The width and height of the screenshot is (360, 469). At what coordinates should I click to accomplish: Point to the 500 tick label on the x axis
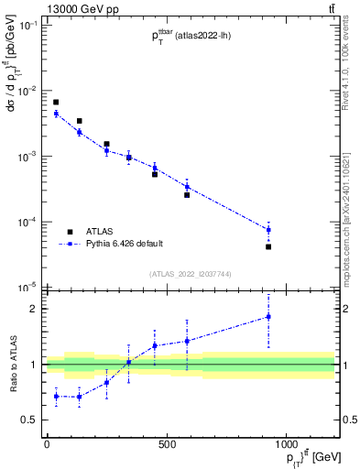167,445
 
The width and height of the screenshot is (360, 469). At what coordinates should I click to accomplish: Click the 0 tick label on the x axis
47,445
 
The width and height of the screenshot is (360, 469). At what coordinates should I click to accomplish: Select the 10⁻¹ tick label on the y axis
27,26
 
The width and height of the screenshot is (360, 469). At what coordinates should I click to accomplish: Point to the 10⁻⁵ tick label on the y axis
27,288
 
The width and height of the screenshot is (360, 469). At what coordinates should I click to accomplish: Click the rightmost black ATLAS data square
268,246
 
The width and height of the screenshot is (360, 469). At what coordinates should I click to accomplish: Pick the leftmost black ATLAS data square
56,102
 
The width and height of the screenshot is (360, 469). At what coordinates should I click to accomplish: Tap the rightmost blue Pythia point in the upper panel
268,230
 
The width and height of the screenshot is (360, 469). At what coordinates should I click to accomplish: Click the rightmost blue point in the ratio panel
268,317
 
